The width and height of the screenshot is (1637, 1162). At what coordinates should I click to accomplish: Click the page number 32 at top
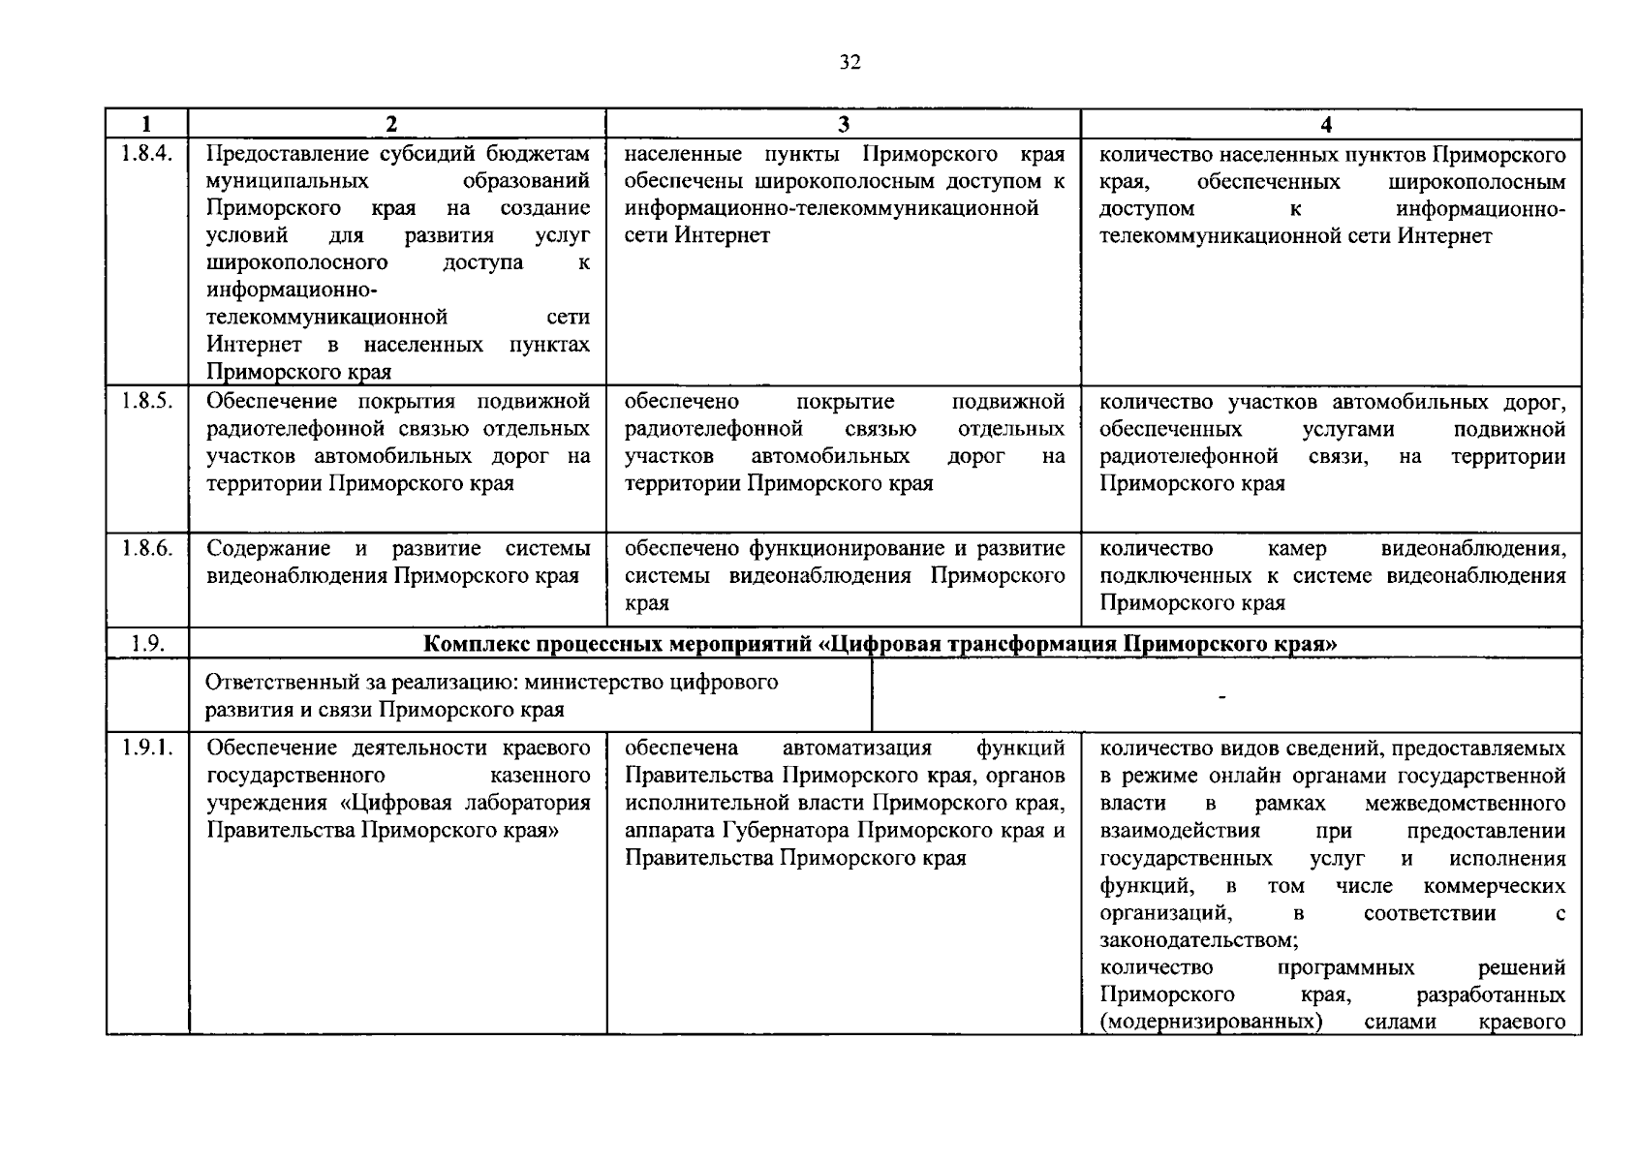pos(849,64)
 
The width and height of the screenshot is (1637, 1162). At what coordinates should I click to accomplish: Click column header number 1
pos(146,124)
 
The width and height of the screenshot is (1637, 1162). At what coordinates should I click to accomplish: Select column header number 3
pos(843,124)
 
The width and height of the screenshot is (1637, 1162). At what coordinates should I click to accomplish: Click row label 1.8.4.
pos(147,155)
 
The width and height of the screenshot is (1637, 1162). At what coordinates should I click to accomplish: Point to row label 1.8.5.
pos(147,402)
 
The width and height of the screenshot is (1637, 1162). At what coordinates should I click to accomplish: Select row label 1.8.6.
pos(147,549)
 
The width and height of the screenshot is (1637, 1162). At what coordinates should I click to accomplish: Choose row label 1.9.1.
pos(147,749)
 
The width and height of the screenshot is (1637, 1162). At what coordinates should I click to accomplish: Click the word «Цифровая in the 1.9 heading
pos(886,644)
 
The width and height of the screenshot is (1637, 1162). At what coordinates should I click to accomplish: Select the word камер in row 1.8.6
pos(1296,549)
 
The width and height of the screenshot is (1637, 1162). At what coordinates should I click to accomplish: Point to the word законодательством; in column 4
pos(1198,940)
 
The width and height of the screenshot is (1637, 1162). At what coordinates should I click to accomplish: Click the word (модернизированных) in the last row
pos(1211,1023)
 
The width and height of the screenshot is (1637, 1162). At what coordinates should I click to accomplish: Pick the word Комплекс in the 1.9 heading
pos(476,644)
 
